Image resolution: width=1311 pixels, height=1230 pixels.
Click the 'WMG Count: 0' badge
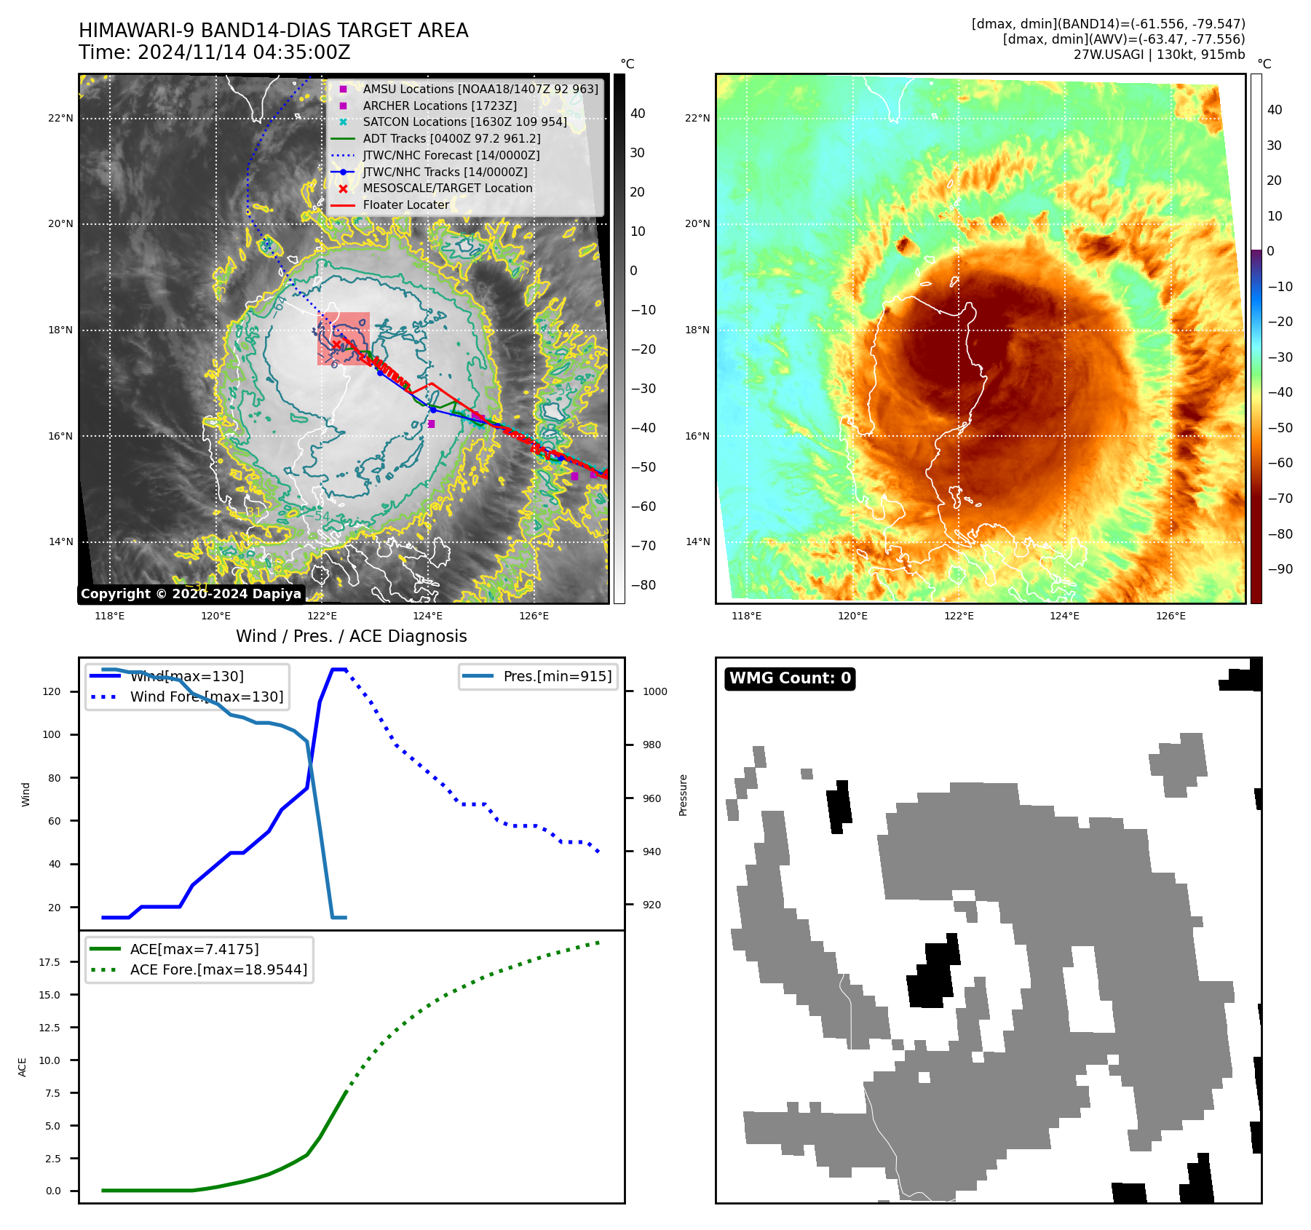[x=790, y=678]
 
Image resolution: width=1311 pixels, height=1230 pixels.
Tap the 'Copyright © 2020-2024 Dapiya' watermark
[x=191, y=594]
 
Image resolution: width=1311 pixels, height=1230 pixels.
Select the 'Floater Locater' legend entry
[x=405, y=205]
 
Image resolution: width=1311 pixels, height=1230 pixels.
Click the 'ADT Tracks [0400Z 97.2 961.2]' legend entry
[x=451, y=138]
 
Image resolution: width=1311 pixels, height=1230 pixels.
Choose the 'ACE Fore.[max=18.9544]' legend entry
[x=218, y=969]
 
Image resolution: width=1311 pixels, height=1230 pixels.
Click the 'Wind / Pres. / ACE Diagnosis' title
[x=351, y=636]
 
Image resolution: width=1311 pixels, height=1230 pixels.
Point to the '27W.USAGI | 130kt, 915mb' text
[x=1159, y=55]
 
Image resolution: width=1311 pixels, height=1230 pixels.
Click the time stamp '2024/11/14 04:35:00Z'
[x=244, y=52]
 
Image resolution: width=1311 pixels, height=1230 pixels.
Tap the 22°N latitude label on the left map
[x=61, y=118]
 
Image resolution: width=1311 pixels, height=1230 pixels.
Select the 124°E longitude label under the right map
[x=1064, y=616]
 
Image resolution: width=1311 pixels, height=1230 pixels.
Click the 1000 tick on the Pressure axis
[x=654, y=691]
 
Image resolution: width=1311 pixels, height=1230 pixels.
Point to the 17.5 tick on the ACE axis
[x=50, y=962]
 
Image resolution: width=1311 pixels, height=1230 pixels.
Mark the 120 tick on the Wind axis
[x=52, y=691]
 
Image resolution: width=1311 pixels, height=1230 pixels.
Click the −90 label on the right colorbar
[x=1280, y=569]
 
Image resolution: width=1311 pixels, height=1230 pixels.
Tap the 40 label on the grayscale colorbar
[x=638, y=114]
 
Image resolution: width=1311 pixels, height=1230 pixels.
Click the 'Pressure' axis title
[x=683, y=795]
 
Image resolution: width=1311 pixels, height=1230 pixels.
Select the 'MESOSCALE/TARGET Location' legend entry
[x=448, y=189]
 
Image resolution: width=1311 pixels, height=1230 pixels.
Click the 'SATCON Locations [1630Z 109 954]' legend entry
[x=464, y=122]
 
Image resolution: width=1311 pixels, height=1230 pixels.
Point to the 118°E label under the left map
[x=110, y=616]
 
